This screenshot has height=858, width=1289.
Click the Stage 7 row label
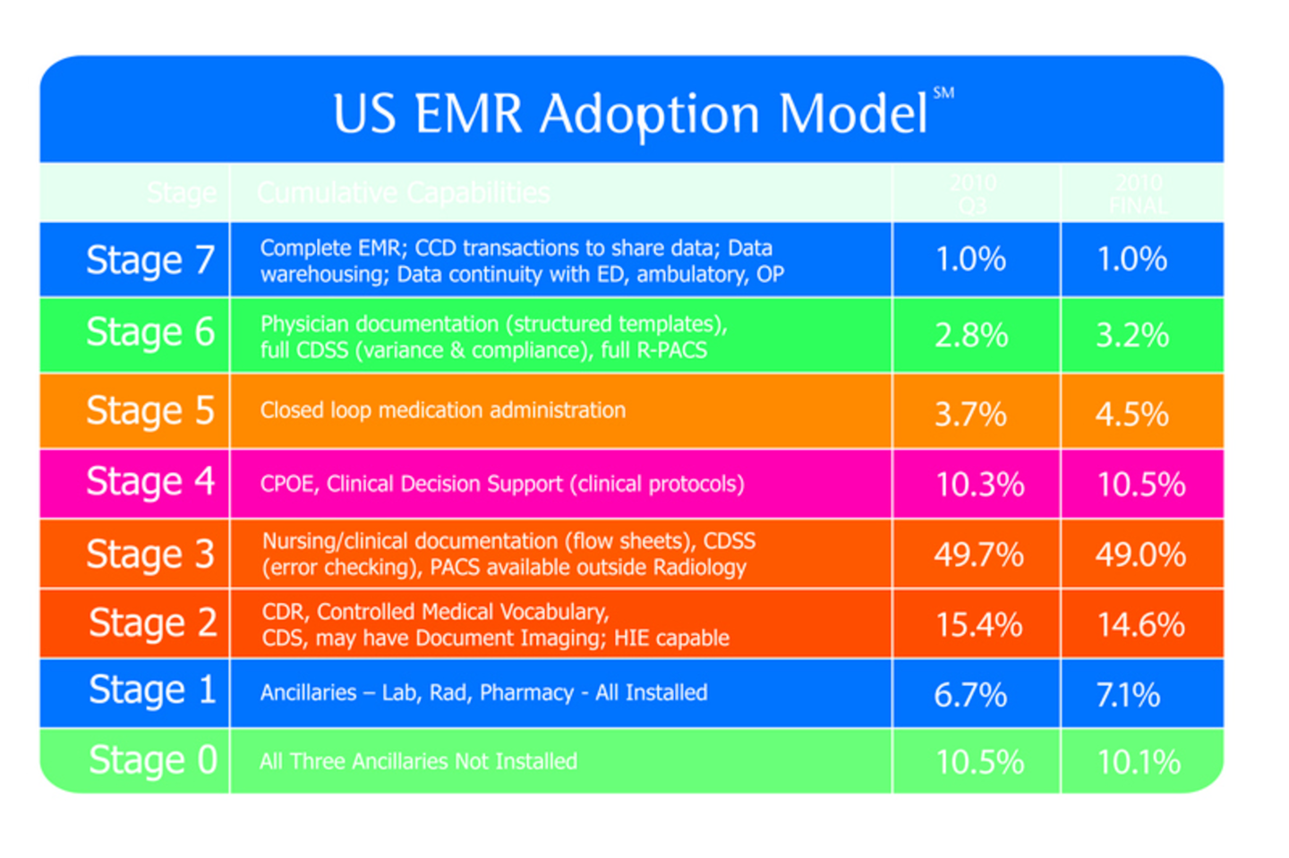(x=150, y=261)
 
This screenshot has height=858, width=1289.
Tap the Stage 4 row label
(x=150, y=483)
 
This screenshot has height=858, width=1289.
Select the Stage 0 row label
(x=152, y=760)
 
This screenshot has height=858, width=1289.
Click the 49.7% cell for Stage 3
(x=978, y=554)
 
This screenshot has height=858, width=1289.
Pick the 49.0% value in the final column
(x=1140, y=554)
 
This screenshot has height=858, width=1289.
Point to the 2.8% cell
(x=971, y=335)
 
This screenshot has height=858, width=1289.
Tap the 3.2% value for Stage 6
(x=1132, y=335)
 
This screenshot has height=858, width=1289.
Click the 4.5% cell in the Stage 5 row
(x=1131, y=414)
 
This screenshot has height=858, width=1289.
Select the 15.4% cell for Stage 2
(x=978, y=624)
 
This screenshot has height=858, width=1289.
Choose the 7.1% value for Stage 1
(x=1128, y=694)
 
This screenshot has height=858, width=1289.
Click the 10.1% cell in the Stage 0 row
(x=1139, y=762)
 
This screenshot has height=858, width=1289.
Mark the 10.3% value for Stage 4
(x=979, y=485)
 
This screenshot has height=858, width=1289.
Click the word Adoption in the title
(x=649, y=115)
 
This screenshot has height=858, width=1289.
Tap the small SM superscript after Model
(x=943, y=92)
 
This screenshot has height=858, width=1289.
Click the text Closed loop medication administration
(x=442, y=410)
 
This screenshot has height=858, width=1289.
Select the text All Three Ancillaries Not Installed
(x=418, y=761)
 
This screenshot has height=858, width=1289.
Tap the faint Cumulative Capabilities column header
(x=403, y=193)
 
